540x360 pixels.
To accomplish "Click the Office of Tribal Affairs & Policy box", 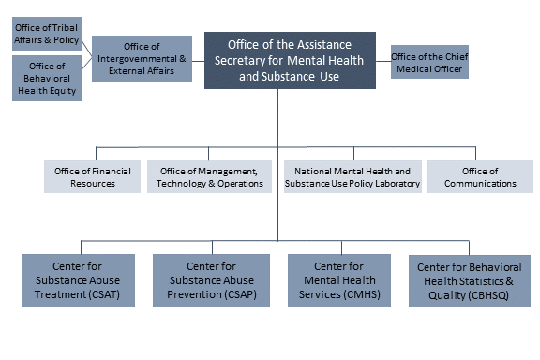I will pos(47,34).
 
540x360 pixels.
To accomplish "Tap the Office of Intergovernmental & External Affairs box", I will pos(142,58).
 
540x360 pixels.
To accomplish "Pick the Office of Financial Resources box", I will pos(93,177).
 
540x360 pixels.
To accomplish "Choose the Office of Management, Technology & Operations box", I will pos(208,177).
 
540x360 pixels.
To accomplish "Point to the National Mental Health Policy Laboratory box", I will pos(352,177).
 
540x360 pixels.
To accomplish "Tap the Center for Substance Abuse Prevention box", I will pos(212,279).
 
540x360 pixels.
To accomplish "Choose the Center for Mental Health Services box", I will pos(338,279).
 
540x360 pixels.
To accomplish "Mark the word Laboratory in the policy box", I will pos(385,184).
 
